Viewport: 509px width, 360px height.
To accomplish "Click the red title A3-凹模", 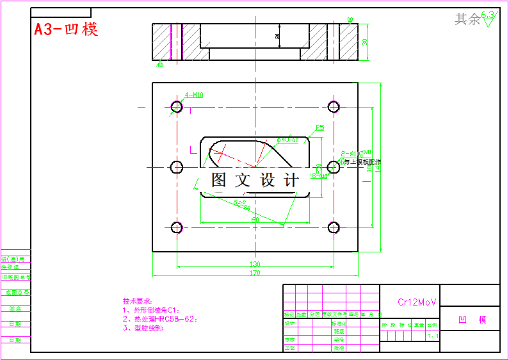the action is coord(66,29).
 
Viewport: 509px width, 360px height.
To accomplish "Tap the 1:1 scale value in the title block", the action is coord(433,336).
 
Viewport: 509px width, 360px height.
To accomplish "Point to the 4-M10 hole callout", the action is coord(194,95).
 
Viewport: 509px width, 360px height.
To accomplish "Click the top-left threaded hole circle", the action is coord(177,106).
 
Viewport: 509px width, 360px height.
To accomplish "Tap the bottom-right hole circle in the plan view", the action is coord(334,227).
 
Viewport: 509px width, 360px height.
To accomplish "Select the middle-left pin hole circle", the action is coord(177,167).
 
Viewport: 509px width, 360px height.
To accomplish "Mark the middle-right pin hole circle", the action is coord(334,167).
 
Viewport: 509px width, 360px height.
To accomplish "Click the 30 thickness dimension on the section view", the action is coord(365,42).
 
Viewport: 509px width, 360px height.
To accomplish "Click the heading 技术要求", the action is coord(137,300).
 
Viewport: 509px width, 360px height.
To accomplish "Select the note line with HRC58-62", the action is coord(160,318).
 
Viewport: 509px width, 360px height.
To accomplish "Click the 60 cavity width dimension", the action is coord(255,220).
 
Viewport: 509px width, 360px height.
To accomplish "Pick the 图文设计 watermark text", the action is coord(255,181).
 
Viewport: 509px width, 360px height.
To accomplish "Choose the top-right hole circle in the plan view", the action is coord(334,106).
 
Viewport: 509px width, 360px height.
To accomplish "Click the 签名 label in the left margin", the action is coord(15,308).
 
